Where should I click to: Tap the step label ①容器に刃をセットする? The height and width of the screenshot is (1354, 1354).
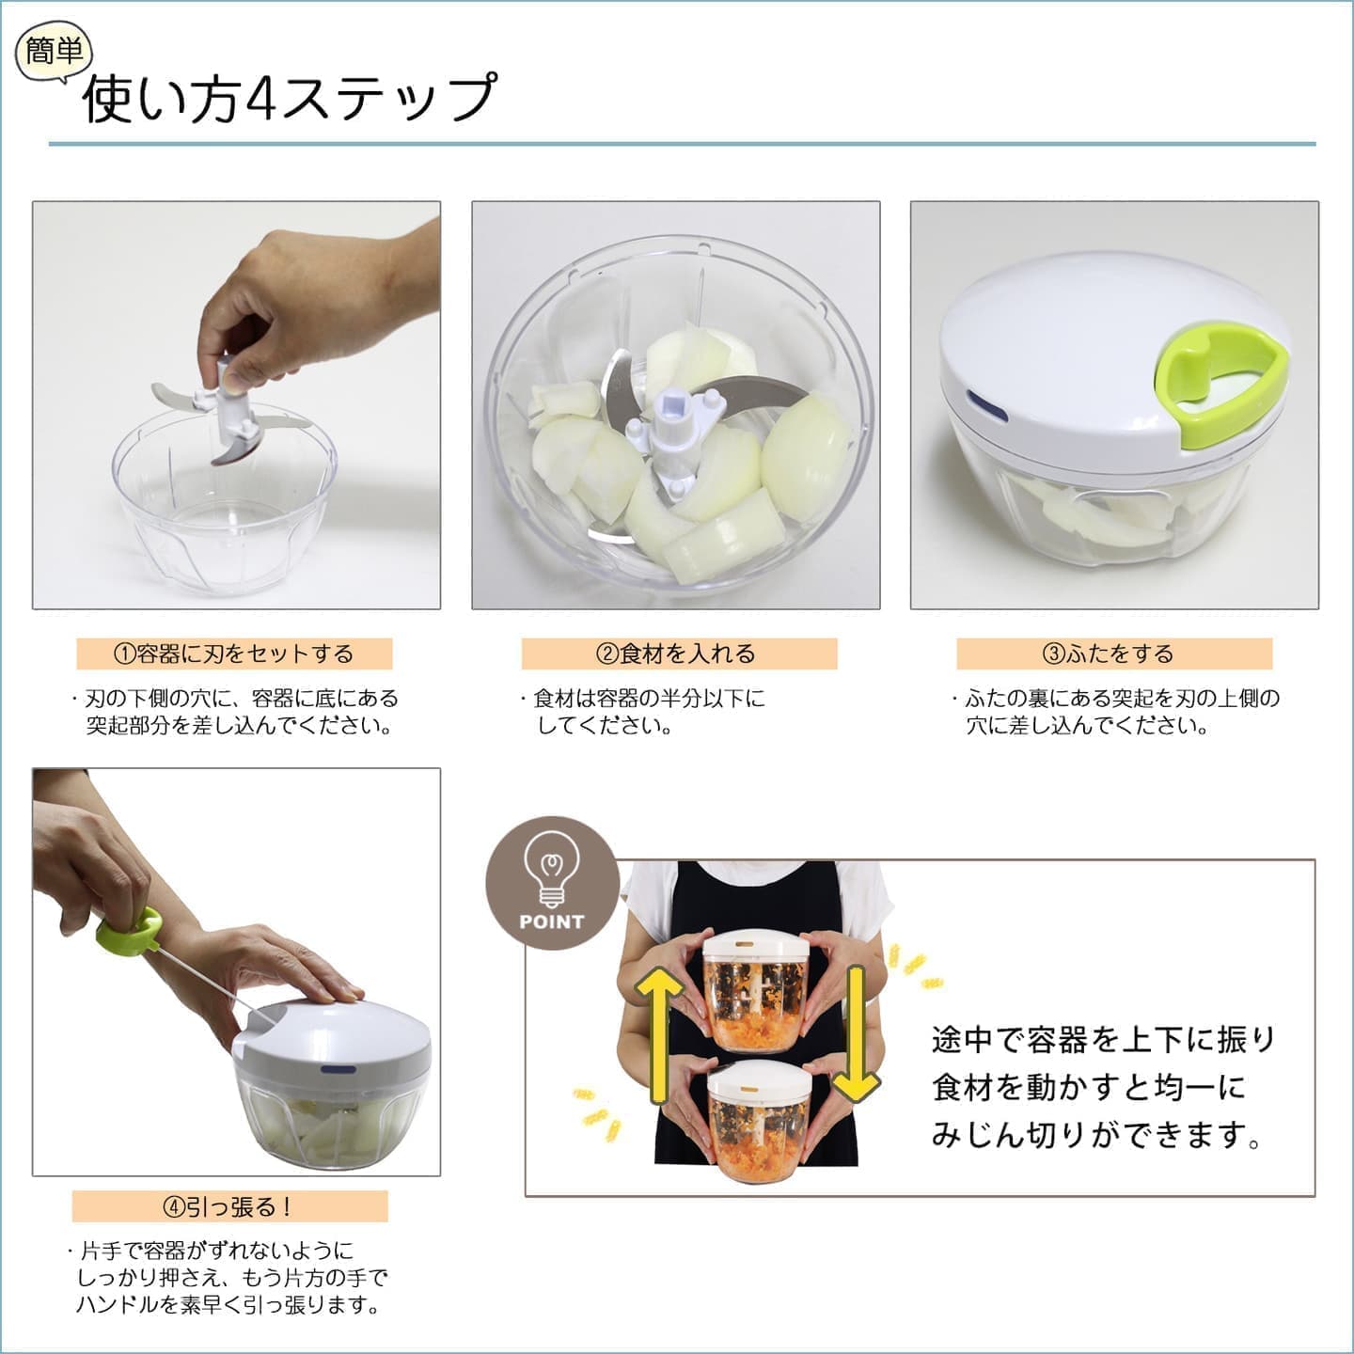(234, 653)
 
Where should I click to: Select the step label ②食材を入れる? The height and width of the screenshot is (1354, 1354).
(679, 653)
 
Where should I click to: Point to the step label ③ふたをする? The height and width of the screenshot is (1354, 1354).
(1113, 653)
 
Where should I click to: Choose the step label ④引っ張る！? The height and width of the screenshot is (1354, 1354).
(229, 1206)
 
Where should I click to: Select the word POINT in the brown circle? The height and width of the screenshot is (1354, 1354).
(552, 921)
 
